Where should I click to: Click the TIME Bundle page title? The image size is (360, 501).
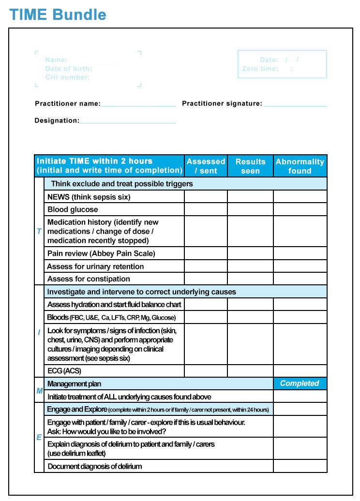coord(58,15)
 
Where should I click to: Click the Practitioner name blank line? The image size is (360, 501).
coord(138,103)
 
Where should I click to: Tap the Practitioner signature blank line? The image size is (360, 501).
coord(295,103)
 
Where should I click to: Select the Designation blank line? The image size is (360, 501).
coord(128,121)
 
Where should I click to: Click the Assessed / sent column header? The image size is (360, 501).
coord(206,166)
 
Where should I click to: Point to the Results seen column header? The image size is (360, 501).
coord(250,166)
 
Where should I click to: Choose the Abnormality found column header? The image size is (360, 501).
coord(300,166)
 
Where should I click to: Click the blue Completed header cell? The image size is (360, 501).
coord(300,383)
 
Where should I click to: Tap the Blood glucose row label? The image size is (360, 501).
coord(73,209)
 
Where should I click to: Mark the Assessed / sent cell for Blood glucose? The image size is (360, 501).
coord(206,209)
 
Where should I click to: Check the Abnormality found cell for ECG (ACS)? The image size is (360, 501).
coord(300,371)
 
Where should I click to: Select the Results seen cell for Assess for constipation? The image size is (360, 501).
coord(250,279)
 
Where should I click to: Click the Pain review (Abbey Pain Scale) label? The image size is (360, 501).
coord(101,253)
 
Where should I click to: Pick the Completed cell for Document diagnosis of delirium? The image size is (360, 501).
coord(300,466)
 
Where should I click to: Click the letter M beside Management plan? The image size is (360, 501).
coord(39,390)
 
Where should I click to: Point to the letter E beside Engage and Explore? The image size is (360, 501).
coord(39,437)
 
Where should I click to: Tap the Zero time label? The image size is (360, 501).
coord(260,69)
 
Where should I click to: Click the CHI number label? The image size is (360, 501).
coord(67,77)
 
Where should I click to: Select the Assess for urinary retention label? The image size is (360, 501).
coord(95,266)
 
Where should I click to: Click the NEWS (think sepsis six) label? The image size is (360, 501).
coord(89,197)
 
